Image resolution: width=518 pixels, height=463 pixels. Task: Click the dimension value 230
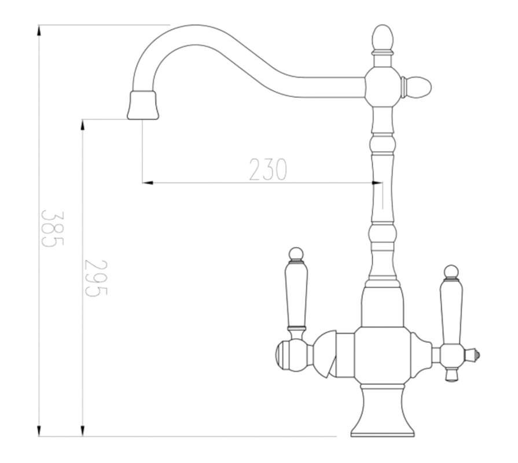(x=268, y=170)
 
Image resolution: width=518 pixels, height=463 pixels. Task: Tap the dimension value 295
(x=96, y=278)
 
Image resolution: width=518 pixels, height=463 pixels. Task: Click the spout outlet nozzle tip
(x=143, y=105)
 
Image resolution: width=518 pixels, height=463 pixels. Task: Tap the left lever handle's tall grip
(x=296, y=295)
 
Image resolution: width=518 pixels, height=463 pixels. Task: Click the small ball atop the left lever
(x=296, y=253)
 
